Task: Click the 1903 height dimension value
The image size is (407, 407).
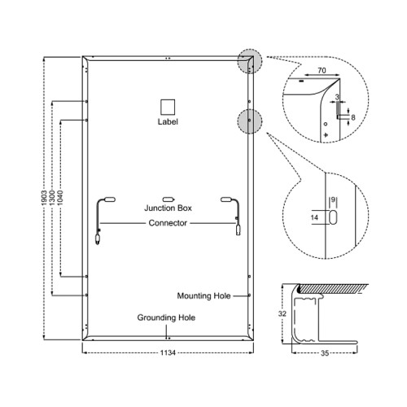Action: tap(45, 198)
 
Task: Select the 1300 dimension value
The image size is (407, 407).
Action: tap(53, 198)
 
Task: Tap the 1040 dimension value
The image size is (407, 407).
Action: tap(60, 198)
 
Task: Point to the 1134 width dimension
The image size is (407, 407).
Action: tap(168, 352)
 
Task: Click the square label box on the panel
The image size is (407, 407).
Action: tap(168, 107)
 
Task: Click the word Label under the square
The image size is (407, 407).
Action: tap(168, 121)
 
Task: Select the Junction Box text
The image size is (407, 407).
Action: tap(168, 208)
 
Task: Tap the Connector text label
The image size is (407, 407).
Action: tap(168, 223)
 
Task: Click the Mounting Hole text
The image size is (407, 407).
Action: tap(203, 295)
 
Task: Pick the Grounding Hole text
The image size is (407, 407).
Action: tap(166, 317)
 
